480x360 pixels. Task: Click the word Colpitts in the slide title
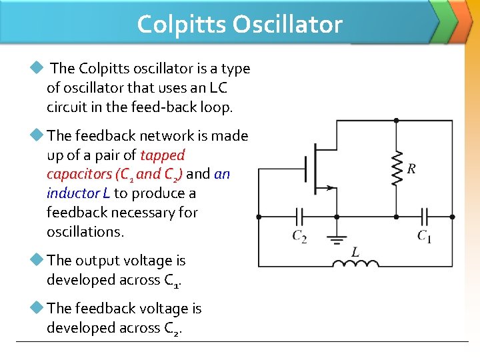181,25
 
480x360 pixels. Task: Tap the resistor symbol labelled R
396,169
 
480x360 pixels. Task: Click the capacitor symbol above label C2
300,217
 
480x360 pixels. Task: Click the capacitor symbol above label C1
424,217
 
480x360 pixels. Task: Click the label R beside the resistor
411,169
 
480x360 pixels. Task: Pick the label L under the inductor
355,252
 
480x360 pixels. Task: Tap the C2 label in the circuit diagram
300,236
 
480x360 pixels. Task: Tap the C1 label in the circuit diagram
424,236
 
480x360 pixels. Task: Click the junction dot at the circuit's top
396,121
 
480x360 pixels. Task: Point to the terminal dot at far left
259,217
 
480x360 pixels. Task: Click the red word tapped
163,155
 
